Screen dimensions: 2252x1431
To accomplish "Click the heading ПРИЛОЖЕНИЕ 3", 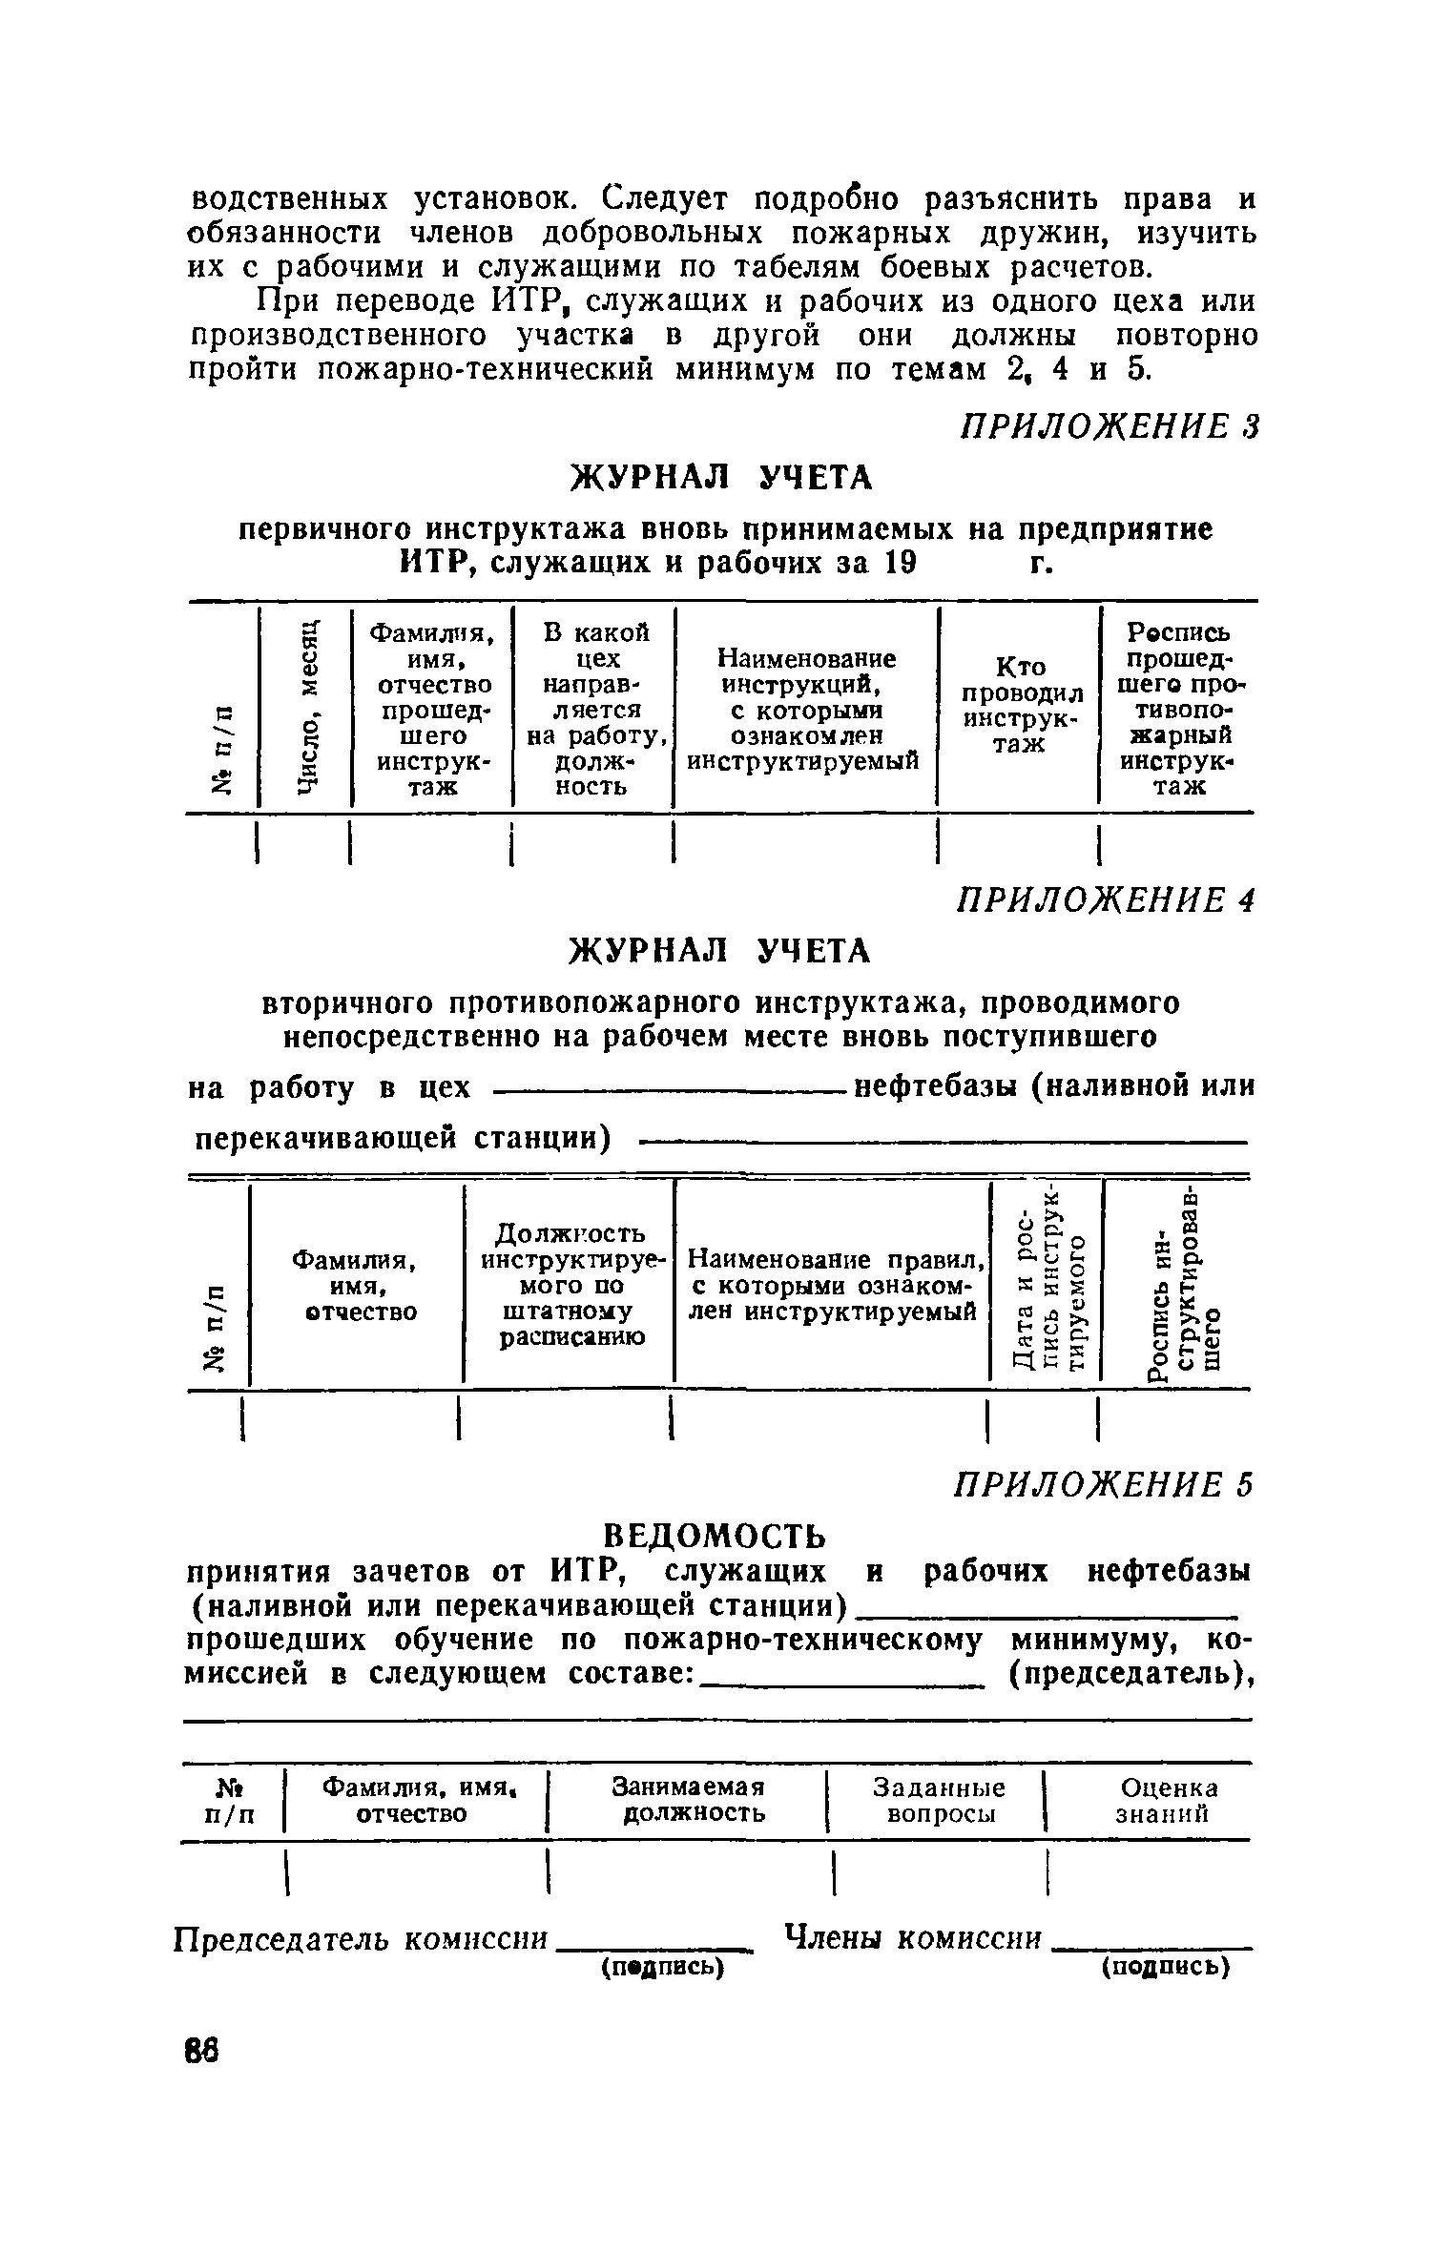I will click(x=1110, y=425).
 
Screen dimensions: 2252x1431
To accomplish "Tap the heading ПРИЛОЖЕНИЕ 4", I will click(x=1105, y=899).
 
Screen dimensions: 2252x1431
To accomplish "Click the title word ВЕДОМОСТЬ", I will click(x=715, y=1536).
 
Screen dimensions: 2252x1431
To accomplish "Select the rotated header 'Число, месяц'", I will click(x=305, y=705).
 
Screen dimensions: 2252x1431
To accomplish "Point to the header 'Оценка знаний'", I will click(x=1168, y=1799).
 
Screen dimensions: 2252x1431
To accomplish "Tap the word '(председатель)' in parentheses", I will click(x=1130, y=1672).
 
